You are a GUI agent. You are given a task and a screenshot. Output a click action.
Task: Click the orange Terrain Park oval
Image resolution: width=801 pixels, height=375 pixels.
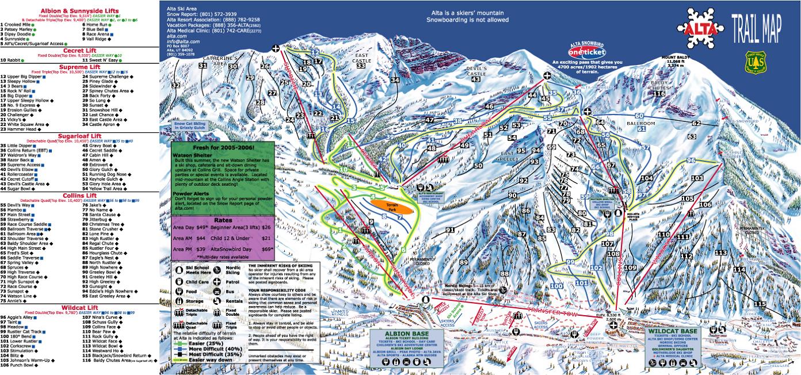[392, 206]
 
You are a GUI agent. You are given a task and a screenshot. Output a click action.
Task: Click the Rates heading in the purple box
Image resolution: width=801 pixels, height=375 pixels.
[222, 220]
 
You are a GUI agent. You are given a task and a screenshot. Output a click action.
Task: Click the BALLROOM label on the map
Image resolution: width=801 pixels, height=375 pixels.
[641, 123]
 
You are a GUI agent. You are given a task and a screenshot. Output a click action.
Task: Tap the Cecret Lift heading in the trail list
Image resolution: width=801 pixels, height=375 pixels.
[79, 50]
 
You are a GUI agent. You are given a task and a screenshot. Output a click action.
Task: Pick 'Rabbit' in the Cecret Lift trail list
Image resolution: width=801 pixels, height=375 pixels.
[14, 60]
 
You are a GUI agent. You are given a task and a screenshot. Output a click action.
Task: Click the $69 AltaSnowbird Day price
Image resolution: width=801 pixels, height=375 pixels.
[266, 248]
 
